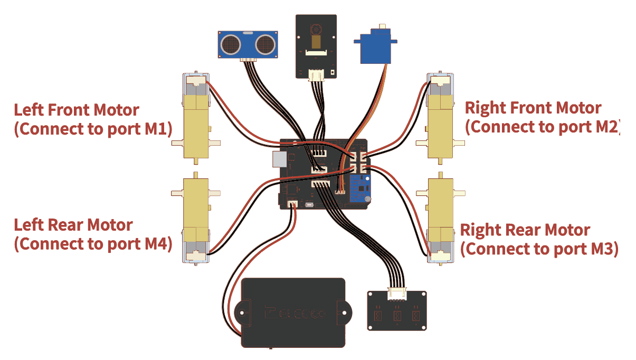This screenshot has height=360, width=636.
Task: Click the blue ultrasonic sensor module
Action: (x=248, y=44)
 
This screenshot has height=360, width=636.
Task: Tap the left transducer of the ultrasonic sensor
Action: (x=231, y=44)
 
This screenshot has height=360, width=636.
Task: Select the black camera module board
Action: (x=316, y=46)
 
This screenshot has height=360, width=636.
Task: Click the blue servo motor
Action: (x=375, y=45)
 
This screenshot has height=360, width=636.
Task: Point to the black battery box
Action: (x=293, y=312)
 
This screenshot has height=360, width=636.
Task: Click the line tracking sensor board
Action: (x=397, y=310)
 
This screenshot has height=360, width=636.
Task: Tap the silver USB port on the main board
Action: (x=279, y=159)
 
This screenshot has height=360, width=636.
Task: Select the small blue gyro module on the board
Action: (x=360, y=188)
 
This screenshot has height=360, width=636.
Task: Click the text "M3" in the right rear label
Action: (x=602, y=249)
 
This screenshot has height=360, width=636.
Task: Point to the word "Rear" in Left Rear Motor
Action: (x=67, y=225)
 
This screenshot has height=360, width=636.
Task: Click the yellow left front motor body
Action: (x=196, y=126)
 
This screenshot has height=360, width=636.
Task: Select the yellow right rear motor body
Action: (x=440, y=210)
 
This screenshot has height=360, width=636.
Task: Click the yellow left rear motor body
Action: (x=196, y=210)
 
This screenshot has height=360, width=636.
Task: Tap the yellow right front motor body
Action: (x=440, y=126)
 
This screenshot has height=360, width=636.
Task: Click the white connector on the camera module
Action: (x=316, y=75)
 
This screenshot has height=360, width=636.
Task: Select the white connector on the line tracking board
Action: (x=397, y=294)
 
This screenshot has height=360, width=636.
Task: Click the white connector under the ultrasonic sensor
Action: (x=248, y=60)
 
